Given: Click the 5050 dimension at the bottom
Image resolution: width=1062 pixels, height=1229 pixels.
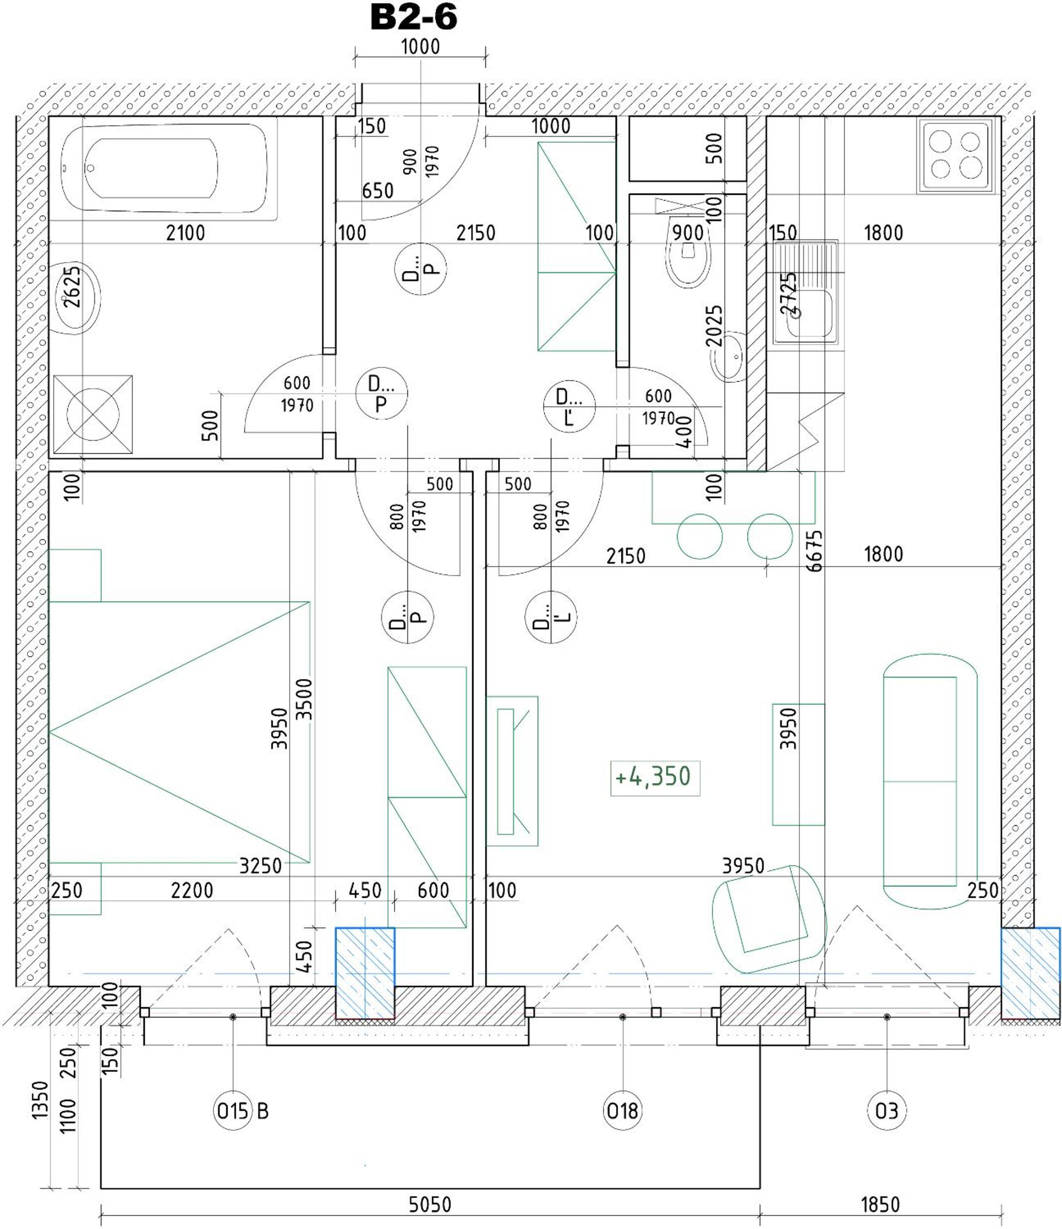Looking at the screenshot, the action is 430,1205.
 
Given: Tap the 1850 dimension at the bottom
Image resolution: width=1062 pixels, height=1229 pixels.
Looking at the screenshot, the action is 880,1205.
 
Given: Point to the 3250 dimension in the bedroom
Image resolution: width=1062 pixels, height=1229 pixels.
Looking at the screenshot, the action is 260,866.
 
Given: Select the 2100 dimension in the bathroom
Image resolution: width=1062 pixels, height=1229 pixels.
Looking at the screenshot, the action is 186,233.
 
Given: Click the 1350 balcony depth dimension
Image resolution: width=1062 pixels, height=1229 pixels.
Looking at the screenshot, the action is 40,1100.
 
